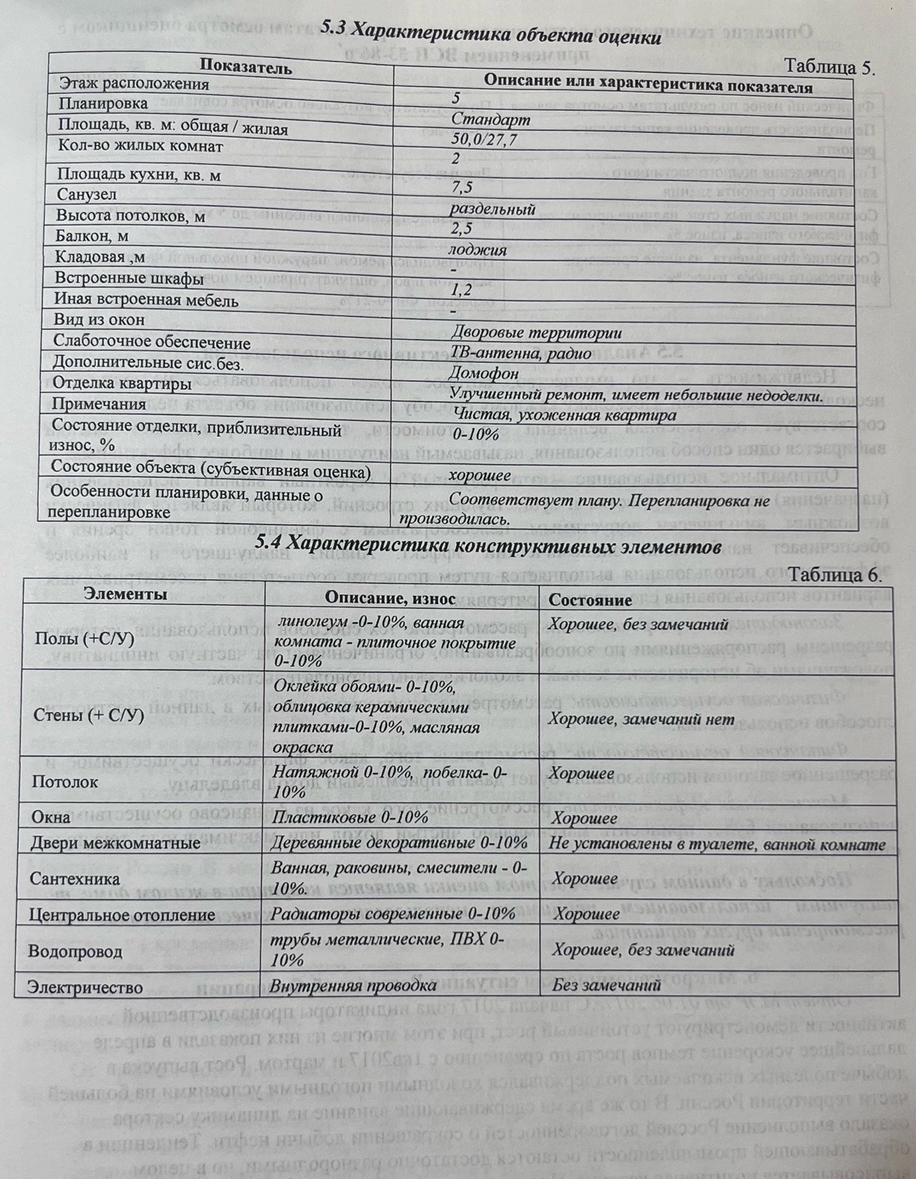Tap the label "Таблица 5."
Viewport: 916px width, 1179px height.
[x=831, y=66]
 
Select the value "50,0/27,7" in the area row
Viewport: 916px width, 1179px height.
[x=484, y=140]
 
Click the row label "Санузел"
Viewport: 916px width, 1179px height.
[x=87, y=194]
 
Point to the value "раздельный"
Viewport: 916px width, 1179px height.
[x=493, y=209]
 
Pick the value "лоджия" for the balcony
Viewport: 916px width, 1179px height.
[x=478, y=250]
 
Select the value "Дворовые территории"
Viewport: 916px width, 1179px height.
[x=536, y=333]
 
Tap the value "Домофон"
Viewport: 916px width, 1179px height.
[x=484, y=374]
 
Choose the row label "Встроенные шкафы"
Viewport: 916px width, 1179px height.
[x=129, y=279]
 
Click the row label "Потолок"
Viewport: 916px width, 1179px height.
[x=64, y=782]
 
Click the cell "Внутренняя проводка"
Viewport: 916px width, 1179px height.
[x=353, y=986]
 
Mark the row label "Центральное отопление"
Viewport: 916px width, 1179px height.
[x=122, y=915]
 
